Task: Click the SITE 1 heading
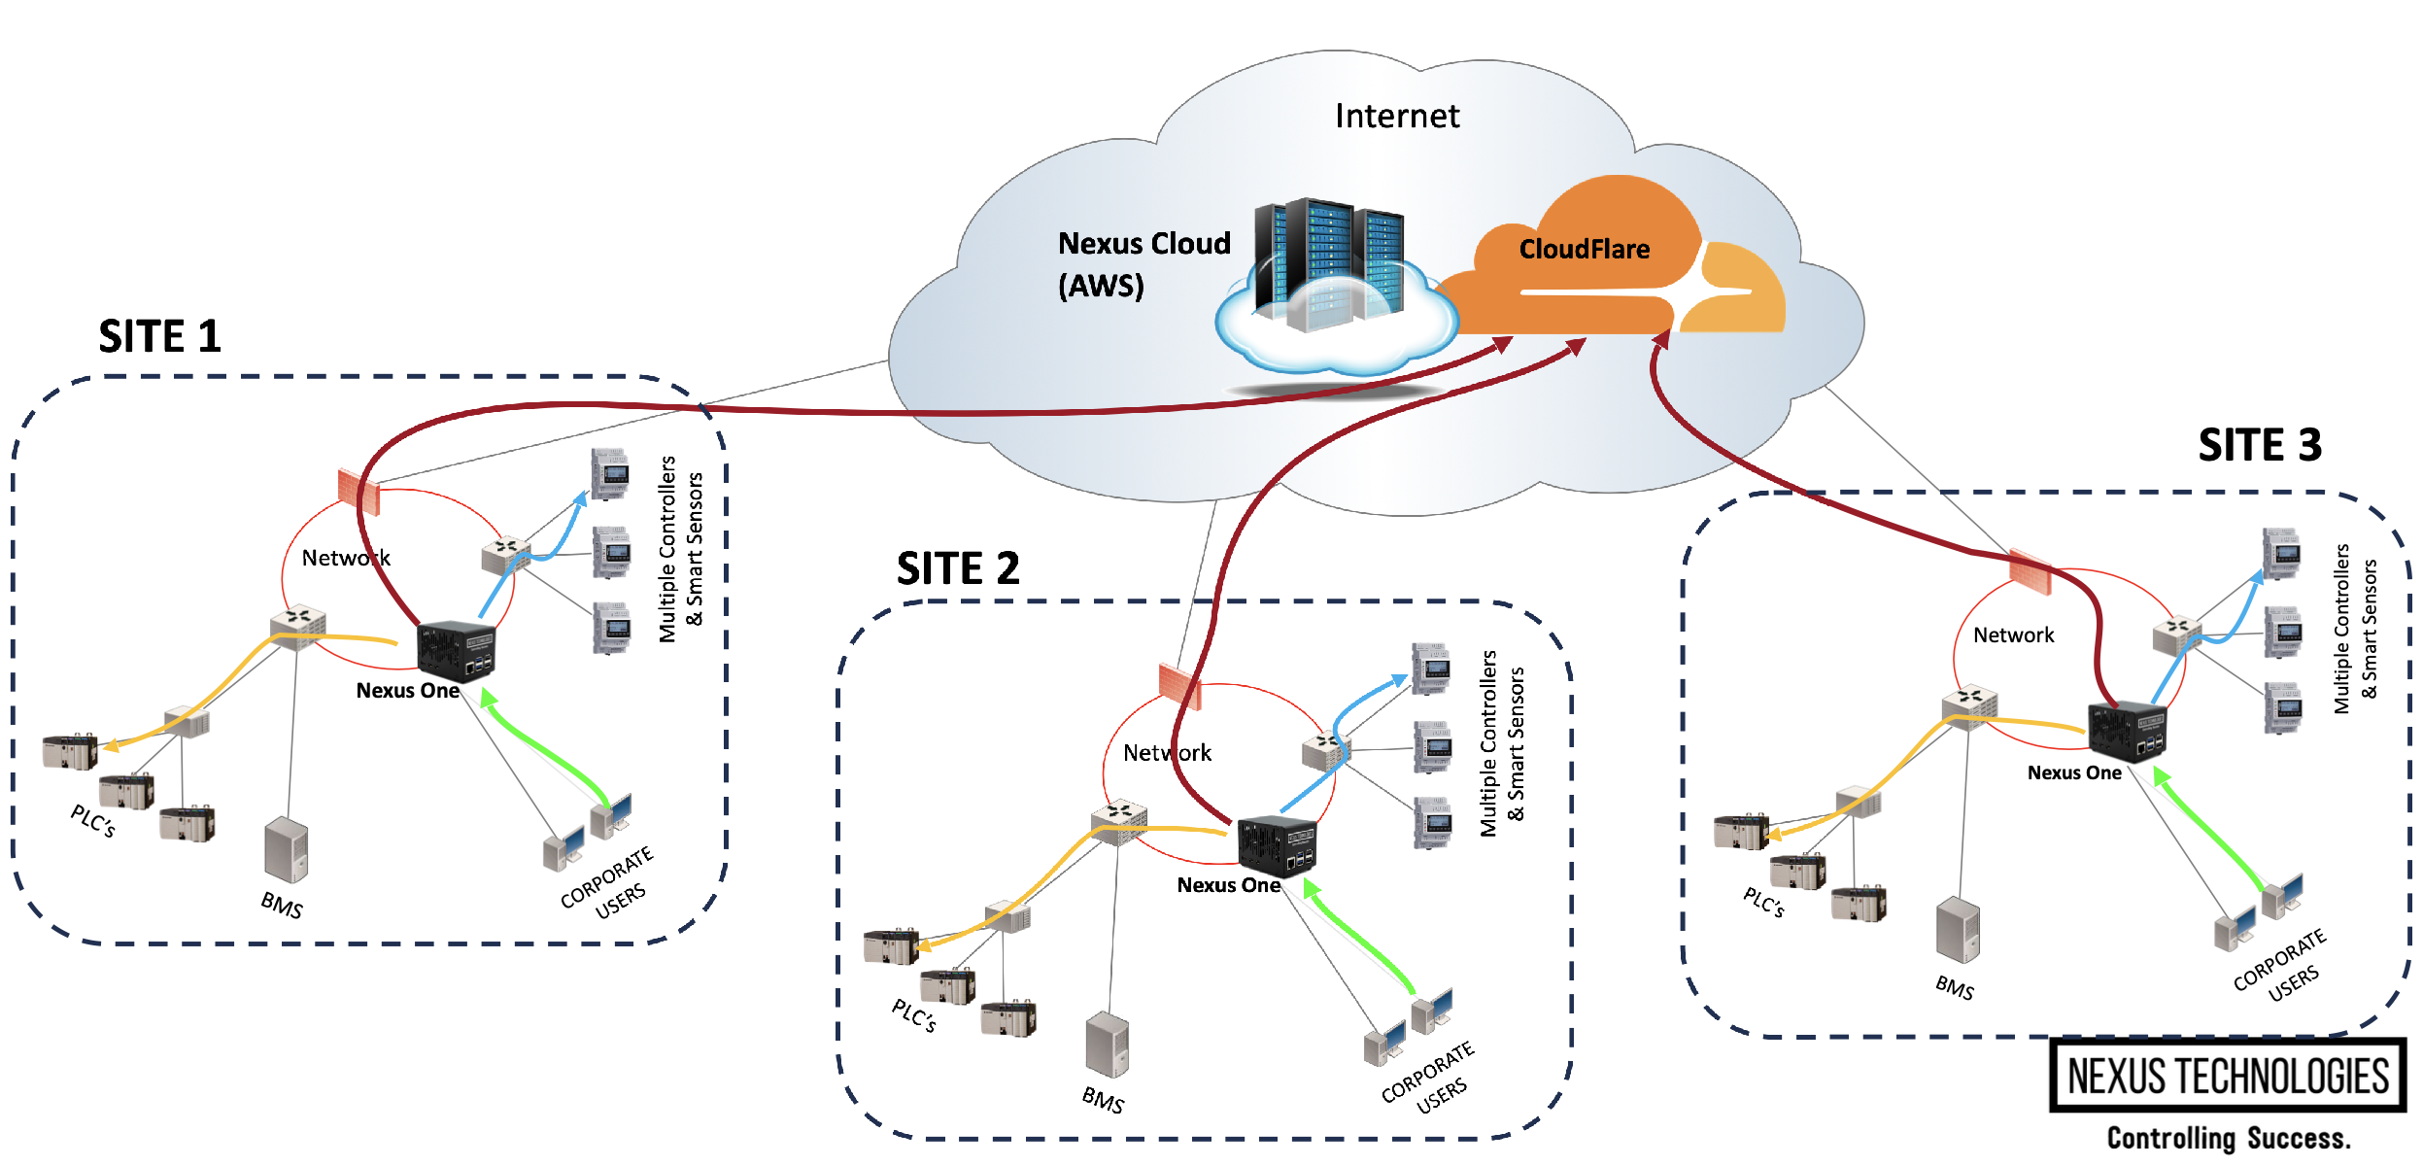pos(160,337)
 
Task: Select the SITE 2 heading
pos(958,568)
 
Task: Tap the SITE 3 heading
pos(2259,446)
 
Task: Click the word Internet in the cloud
pos(1396,117)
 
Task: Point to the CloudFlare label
pos(1584,250)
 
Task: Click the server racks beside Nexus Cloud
pos(1328,260)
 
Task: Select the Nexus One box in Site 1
pos(456,650)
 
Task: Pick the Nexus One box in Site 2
pos(1277,845)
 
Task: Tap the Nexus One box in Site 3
pos(2126,731)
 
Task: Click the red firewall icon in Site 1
pos(358,491)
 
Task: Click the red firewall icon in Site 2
pos(1179,686)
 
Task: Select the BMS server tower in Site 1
pos(286,850)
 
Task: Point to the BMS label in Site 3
pos(1954,988)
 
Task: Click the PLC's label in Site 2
pos(913,1015)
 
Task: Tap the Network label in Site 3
pos(2013,635)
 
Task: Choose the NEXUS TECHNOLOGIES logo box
pos(2227,1076)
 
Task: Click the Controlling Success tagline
pos(2228,1138)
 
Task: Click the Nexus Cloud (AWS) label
pos(1143,264)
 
